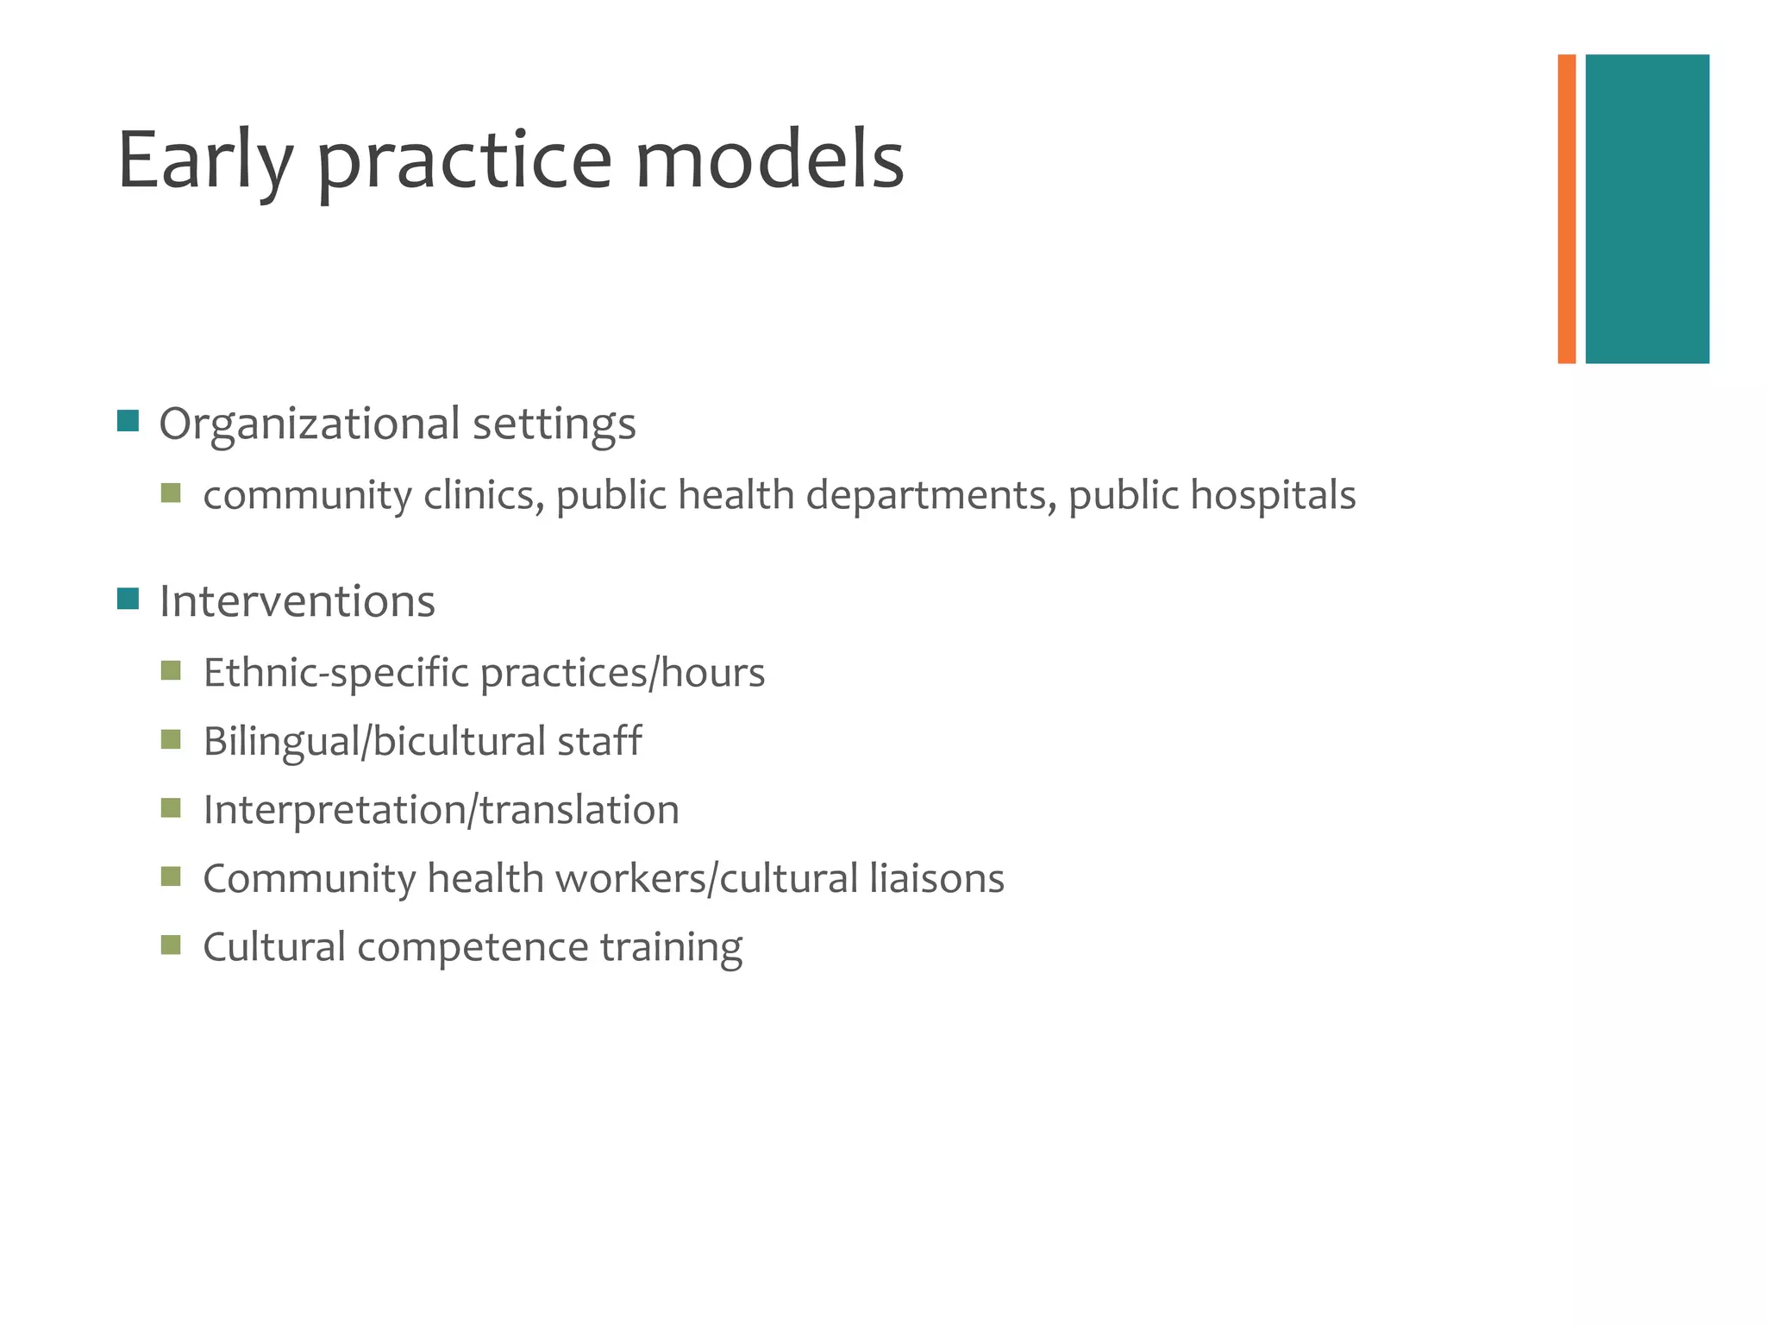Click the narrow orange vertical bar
coord(1566,209)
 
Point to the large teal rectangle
coord(1646,209)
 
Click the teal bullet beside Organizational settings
coord(128,421)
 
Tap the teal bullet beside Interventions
coord(128,599)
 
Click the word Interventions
coord(297,601)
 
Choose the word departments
coord(930,496)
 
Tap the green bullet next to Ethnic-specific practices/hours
coord(171,670)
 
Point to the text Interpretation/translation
coord(441,810)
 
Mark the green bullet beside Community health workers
coord(171,876)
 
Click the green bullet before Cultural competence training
coord(171,945)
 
